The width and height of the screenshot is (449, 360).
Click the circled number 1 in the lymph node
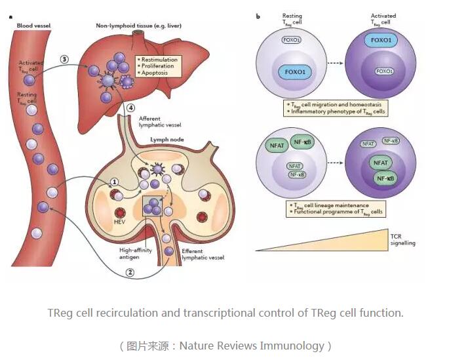(x=113, y=183)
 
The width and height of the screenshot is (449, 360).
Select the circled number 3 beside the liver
(x=64, y=59)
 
